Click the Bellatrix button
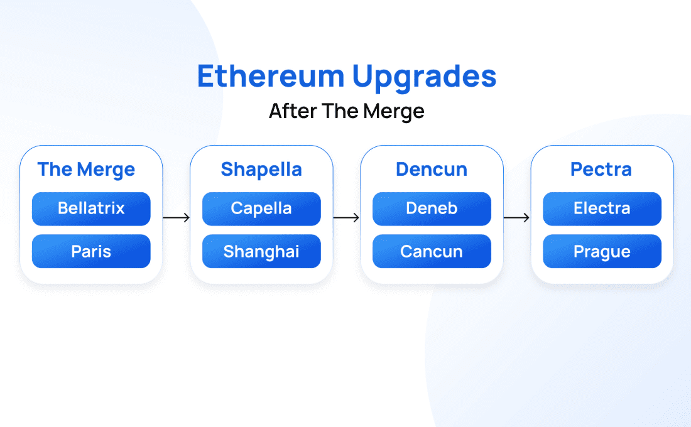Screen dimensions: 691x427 tap(91, 209)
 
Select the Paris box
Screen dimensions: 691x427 tap(91, 251)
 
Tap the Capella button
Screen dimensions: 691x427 tap(261, 209)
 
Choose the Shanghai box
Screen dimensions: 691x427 tap(261, 251)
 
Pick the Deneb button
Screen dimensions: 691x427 tap(432, 209)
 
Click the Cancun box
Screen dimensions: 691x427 tap(432, 251)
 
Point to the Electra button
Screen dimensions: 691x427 tap(602, 209)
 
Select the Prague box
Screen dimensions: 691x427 tap(602, 251)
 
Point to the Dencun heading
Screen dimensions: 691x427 tap(432, 169)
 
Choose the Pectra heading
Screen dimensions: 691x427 tap(601, 169)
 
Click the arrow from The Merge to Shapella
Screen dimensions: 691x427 tap(177, 217)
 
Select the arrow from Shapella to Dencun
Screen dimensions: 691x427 tap(346, 217)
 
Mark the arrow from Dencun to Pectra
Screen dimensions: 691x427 tap(516, 217)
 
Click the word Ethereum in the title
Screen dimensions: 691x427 tap(271, 76)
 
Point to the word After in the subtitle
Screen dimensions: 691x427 tap(293, 111)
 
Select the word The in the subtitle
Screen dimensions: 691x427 tap(340, 111)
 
